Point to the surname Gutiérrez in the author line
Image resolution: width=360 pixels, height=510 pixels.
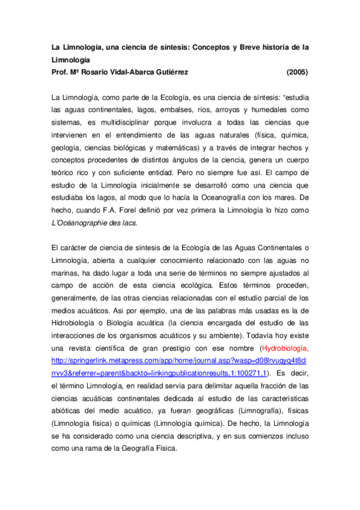[x=166, y=73]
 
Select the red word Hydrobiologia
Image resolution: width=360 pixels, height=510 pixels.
[x=284, y=348]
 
